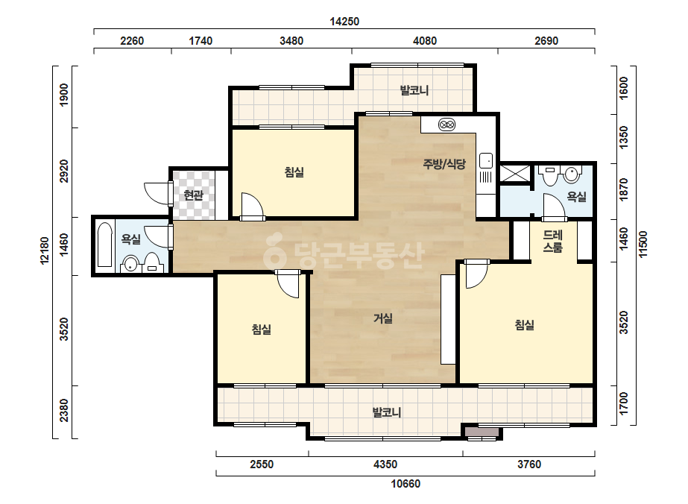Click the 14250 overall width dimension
[344, 22]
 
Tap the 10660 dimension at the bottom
[405, 484]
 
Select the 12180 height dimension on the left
[45, 251]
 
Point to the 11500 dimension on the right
[643, 244]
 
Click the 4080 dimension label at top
[425, 41]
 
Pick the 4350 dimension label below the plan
[385, 464]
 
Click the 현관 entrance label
[194, 195]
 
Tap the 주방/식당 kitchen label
[444, 164]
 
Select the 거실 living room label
[382, 318]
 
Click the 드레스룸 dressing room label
[552, 242]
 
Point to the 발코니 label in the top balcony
[414, 90]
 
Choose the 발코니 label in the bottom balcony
[387, 413]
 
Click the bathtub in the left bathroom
[105, 245]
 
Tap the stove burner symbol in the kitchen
[446, 125]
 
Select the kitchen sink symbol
[486, 160]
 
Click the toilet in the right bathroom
[571, 174]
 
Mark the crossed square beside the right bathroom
[515, 172]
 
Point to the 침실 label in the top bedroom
[294, 172]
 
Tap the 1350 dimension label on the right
[623, 137]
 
